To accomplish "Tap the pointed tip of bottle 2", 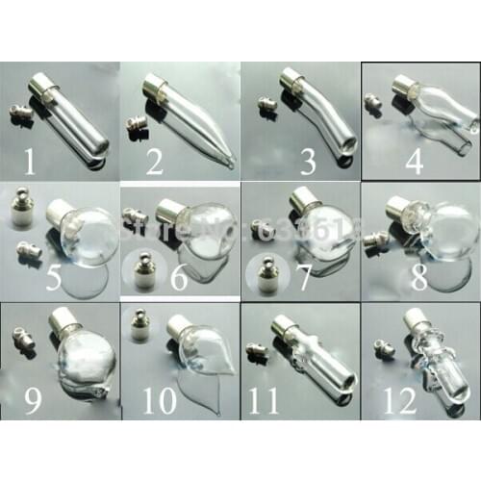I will click(228, 165).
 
